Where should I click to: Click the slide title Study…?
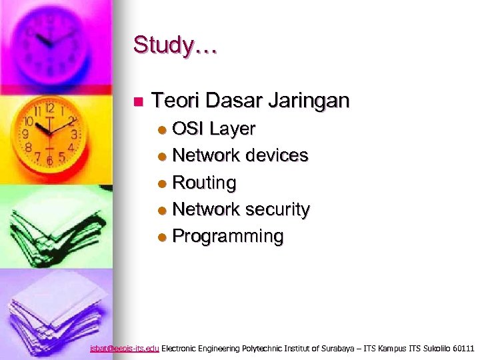tap(175, 46)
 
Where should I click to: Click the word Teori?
tap(175, 101)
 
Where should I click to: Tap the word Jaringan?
tap(309, 101)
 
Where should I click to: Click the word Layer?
tap(233, 128)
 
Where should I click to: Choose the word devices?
tap(277, 155)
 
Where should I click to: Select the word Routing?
tap(204, 183)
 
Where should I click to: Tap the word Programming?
tap(228, 237)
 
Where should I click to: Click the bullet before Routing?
tap(163, 183)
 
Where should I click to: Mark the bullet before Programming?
tap(163, 237)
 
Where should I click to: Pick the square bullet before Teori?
tap(138, 102)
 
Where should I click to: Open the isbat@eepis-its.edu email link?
tap(125, 348)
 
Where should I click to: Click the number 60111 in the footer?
tap(463, 348)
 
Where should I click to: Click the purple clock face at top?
tap(50, 40)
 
